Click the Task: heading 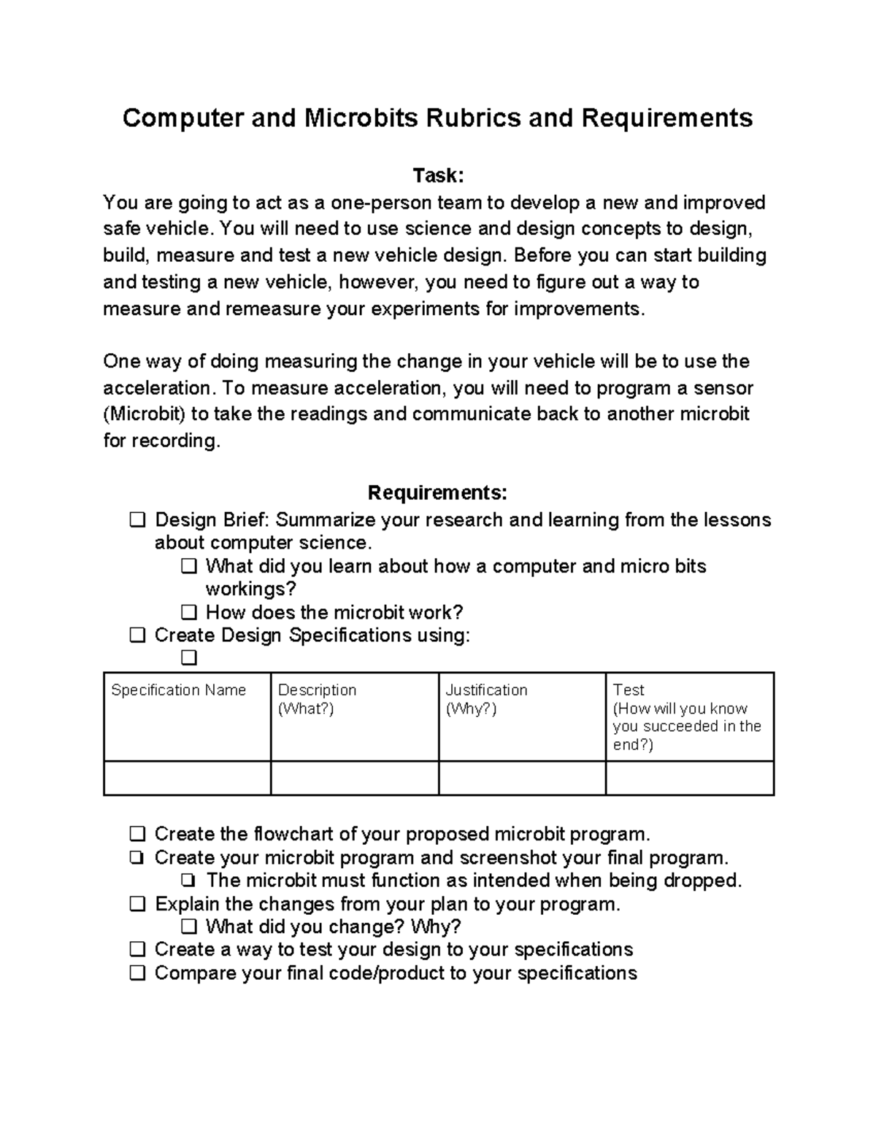click(438, 176)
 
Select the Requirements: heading click(437, 493)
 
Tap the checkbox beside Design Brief click(137, 520)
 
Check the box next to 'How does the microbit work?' click(189, 612)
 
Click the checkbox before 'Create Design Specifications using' click(137, 635)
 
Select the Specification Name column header click(178, 690)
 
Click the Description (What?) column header click(318, 699)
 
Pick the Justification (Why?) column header click(486, 699)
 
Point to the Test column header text click(629, 690)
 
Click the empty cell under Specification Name click(187, 778)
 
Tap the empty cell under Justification click(522, 778)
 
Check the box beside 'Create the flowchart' click(137, 834)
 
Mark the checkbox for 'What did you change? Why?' click(189, 927)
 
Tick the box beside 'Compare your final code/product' click(137, 973)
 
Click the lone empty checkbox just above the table click(189, 659)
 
